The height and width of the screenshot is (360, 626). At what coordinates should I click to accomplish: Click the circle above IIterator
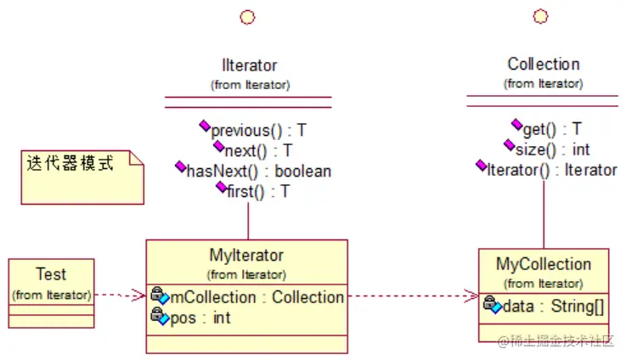click(248, 16)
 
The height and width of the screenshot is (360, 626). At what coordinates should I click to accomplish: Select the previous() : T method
click(258, 131)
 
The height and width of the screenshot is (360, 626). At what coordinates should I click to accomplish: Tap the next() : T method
click(258, 150)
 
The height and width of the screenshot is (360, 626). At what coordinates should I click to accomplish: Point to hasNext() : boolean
click(258, 171)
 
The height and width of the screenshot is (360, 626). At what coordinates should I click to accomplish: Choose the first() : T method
click(258, 191)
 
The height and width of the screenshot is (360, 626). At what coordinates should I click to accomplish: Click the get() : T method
click(551, 129)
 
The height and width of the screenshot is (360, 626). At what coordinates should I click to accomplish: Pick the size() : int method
click(551, 149)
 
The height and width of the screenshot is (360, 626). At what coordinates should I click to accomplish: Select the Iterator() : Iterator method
click(551, 170)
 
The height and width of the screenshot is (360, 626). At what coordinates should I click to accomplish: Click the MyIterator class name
click(246, 255)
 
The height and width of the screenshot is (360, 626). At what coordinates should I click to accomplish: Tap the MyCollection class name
click(543, 264)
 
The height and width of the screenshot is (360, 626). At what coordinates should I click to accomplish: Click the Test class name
click(51, 274)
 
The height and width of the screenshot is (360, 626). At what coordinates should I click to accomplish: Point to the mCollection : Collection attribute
click(257, 297)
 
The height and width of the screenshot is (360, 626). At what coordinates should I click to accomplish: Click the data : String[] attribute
click(553, 307)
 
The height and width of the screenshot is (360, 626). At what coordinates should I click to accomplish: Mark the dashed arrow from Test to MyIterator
click(119, 295)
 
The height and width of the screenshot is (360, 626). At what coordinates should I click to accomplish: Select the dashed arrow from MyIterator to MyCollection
click(412, 296)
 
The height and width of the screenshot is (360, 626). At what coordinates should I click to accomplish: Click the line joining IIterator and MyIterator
click(248, 220)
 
